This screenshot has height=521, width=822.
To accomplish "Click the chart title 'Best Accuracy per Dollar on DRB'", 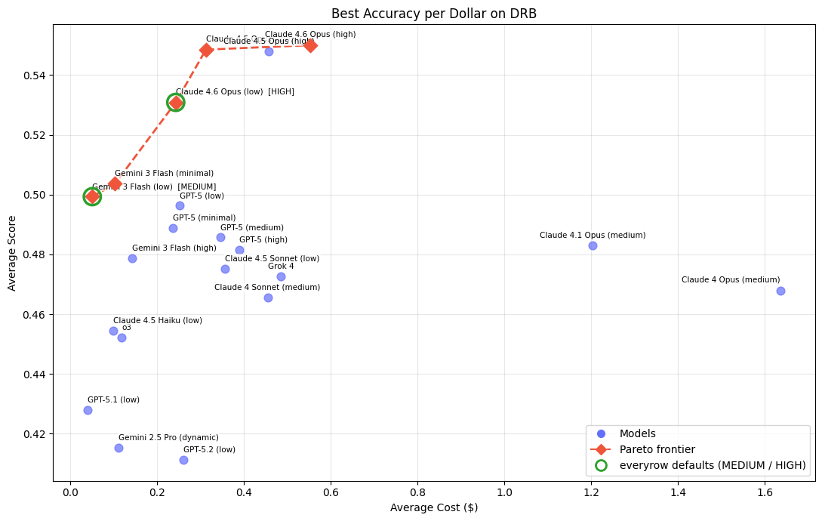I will (x=434, y=14).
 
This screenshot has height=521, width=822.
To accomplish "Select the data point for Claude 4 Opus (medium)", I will (x=780, y=291).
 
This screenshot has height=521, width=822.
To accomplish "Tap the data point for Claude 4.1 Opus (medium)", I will (x=593, y=245).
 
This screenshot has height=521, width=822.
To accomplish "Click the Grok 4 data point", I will (x=281, y=276).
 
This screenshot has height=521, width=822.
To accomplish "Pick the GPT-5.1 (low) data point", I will (x=88, y=410).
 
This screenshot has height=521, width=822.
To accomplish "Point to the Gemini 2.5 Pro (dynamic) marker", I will (x=119, y=448).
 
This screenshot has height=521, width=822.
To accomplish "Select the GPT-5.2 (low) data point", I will (x=183, y=460).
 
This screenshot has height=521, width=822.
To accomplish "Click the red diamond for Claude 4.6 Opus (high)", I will (x=310, y=45).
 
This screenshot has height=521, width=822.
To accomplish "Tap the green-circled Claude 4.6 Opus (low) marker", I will (x=176, y=103).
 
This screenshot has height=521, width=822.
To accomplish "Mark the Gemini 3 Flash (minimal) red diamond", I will (x=115, y=183).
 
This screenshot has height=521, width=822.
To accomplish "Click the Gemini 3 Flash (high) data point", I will (x=132, y=258).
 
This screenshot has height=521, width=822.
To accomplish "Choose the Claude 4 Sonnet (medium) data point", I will (x=268, y=297).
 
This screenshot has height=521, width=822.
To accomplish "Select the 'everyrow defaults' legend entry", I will (x=712, y=465).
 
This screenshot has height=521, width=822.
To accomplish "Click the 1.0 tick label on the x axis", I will (x=504, y=492).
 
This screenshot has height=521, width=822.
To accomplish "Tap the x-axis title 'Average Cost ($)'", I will (x=434, y=507).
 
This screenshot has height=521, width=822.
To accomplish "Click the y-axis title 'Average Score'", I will (x=12, y=253).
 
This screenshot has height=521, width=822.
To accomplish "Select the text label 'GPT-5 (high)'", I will (x=263, y=240).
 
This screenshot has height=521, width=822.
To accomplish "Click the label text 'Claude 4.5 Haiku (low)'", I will (x=158, y=321).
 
